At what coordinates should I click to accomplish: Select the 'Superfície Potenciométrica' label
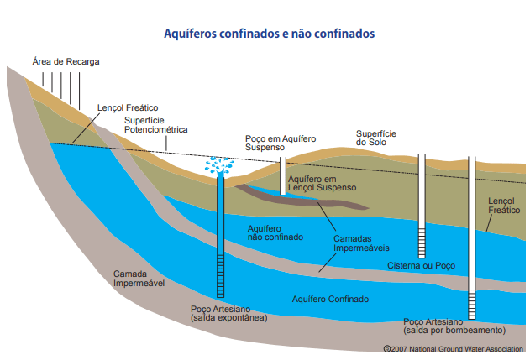click(x=156, y=125)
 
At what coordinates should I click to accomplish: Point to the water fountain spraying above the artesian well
click(x=221, y=165)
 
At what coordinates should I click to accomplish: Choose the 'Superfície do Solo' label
click(x=376, y=138)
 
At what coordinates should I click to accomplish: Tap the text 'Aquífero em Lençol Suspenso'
click(x=323, y=184)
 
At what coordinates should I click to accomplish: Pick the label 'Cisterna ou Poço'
click(x=420, y=266)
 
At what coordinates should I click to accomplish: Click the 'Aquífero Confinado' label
click(x=330, y=299)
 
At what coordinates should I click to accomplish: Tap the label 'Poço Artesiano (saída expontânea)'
click(x=229, y=314)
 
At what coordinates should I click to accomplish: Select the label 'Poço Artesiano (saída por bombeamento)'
click(x=454, y=325)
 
